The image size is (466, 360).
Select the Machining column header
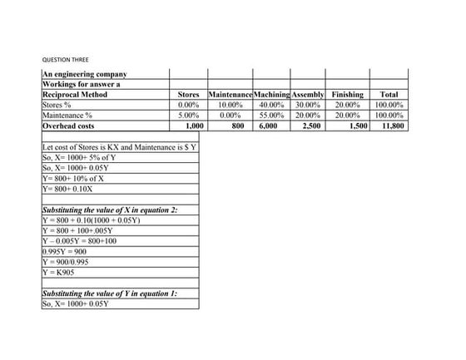click(x=268, y=96)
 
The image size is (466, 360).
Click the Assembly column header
click(x=308, y=96)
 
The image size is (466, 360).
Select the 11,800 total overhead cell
click(x=392, y=126)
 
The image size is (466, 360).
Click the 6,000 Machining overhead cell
click(x=268, y=126)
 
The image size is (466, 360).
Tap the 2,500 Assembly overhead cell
click(x=310, y=126)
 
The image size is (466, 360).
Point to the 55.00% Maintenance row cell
click(x=268, y=116)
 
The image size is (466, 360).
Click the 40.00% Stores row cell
click(x=268, y=106)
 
